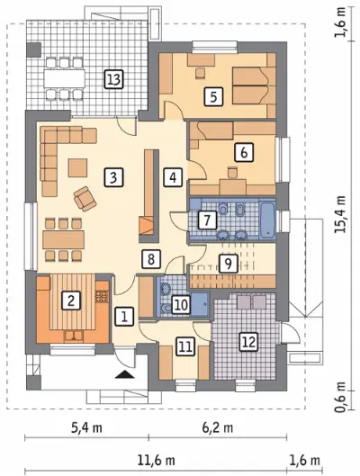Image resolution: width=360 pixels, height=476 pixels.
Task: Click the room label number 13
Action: pyautogui.click(x=113, y=79)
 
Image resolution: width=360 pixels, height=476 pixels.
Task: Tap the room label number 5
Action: pyautogui.click(x=213, y=97)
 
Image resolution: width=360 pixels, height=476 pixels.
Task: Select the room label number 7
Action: pyautogui.click(x=207, y=220)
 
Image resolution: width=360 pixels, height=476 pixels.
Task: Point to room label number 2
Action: pyautogui.click(x=71, y=301)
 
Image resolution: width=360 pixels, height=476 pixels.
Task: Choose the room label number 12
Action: pyautogui.click(x=248, y=342)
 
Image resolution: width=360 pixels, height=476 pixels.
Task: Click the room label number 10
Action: pyautogui.click(x=181, y=304)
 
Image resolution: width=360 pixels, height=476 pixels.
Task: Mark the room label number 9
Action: pyautogui.click(x=228, y=264)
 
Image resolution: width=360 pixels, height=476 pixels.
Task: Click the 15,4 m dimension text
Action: pyautogui.click(x=340, y=214)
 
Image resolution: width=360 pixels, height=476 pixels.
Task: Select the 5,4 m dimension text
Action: pyautogui.click(x=86, y=427)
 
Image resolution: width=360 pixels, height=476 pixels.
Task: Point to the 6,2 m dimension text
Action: pyautogui.click(x=218, y=427)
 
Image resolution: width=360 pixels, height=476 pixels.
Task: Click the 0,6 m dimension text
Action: pyautogui.click(x=340, y=398)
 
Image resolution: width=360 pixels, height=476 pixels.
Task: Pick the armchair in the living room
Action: pyautogui.click(x=85, y=199)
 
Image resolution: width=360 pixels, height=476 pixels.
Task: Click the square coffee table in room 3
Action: pyautogui.click(x=78, y=167)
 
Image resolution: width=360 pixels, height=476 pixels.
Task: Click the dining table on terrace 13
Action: pyautogui.click(x=65, y=78)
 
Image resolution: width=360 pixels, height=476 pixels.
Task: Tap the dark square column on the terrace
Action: pyautogui.click(x=33, y=49)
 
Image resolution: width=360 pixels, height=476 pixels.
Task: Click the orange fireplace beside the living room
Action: pyautogui.click(x=147, y=225)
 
